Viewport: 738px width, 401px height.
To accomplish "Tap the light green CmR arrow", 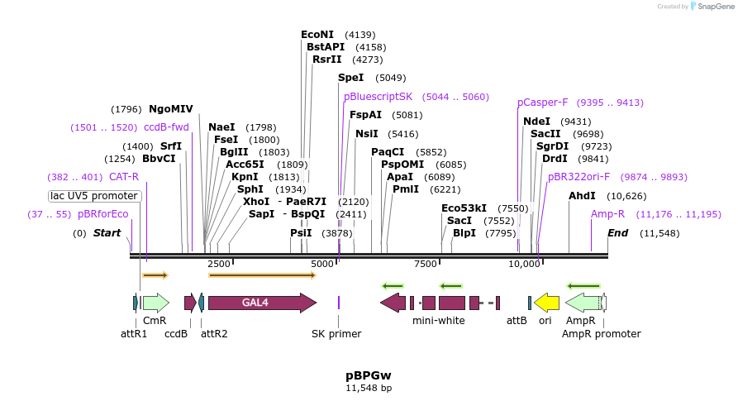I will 155,303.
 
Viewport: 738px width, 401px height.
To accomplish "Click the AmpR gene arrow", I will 584,303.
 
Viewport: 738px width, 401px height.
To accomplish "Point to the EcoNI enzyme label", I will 317,35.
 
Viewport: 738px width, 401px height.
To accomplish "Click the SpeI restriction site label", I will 350,78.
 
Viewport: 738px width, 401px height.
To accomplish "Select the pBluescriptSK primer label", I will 378,97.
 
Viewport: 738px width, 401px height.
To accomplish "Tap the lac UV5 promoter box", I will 95,196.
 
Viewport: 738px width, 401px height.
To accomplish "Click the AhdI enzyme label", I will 582,196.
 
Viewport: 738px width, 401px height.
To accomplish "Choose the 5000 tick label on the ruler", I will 322,264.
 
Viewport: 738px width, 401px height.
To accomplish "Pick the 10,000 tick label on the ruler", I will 524,264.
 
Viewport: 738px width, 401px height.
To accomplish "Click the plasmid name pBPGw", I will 369,375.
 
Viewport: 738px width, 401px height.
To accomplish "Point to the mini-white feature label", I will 438,321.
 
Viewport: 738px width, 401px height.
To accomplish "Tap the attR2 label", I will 214,334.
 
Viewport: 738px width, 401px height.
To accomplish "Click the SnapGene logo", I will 709,7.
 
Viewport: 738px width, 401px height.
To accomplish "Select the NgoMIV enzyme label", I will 171,109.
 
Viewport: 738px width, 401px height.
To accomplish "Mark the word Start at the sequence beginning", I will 107,233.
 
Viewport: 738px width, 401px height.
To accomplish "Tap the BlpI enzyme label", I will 464,233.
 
